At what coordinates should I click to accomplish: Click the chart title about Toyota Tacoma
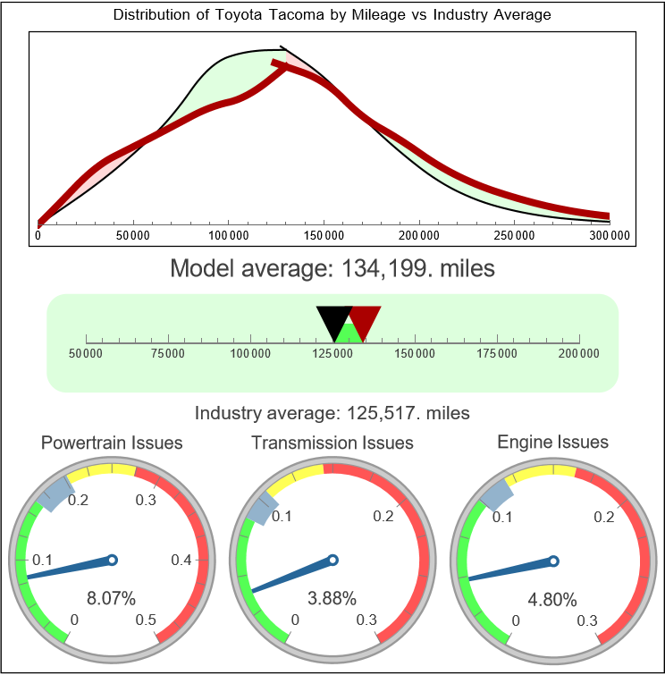[332, 15]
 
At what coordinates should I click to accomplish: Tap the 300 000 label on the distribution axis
[610, 235]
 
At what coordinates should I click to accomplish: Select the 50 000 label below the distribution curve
[133, 235]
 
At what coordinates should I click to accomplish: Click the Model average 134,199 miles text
[332, 268]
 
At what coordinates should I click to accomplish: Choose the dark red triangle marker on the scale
[364, 319]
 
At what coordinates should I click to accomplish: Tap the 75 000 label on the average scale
[168, 354]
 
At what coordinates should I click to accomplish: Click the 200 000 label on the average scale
[579, 354]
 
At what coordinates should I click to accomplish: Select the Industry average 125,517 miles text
[332, 413]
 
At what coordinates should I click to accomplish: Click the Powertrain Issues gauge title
[113, 443]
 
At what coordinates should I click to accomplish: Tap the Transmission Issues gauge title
[332, 443]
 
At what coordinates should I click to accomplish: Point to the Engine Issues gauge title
[552, 442]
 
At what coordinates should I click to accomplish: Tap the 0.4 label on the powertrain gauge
[182, 561]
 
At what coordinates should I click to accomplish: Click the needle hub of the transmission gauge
[332, 561]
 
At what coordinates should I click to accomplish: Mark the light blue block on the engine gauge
[496, 493]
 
